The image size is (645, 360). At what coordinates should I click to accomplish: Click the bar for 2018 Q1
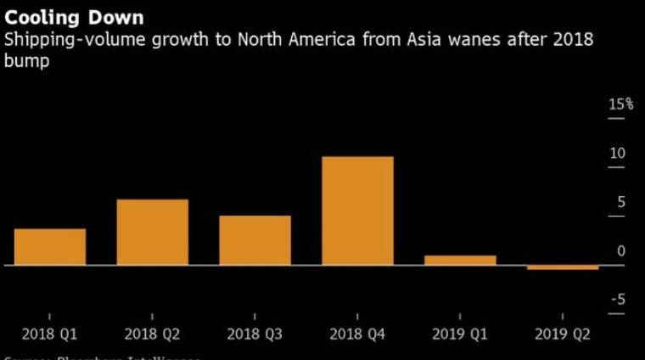click(50, 247)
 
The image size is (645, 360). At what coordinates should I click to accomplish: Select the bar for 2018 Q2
click(152, 232)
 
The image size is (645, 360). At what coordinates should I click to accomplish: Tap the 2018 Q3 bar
click(255, 240)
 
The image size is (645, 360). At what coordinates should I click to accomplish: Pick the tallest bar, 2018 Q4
click(357, 211)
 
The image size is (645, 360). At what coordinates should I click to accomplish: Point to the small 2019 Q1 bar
click(460, 260)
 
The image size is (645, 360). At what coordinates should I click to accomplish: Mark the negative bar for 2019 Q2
click(563, 267)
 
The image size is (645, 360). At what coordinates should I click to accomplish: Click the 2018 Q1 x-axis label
click(50, 335)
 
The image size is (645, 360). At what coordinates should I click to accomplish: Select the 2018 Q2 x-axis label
click(152, 335)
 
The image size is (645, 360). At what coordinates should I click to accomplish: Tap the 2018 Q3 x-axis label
click(255, 335)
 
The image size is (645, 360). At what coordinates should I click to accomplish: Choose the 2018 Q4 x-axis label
click(357, 335)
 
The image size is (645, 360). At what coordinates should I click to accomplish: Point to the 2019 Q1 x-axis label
click(460, 335)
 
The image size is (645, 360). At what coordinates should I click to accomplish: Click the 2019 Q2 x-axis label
click(563, 335)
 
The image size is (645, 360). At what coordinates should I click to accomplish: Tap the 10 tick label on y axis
click(617, 154)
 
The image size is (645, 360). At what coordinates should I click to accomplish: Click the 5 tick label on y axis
click(620, 202)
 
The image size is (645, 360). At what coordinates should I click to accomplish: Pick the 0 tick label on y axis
click(621, 251)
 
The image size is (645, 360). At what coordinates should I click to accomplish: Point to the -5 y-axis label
click(618, 300)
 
